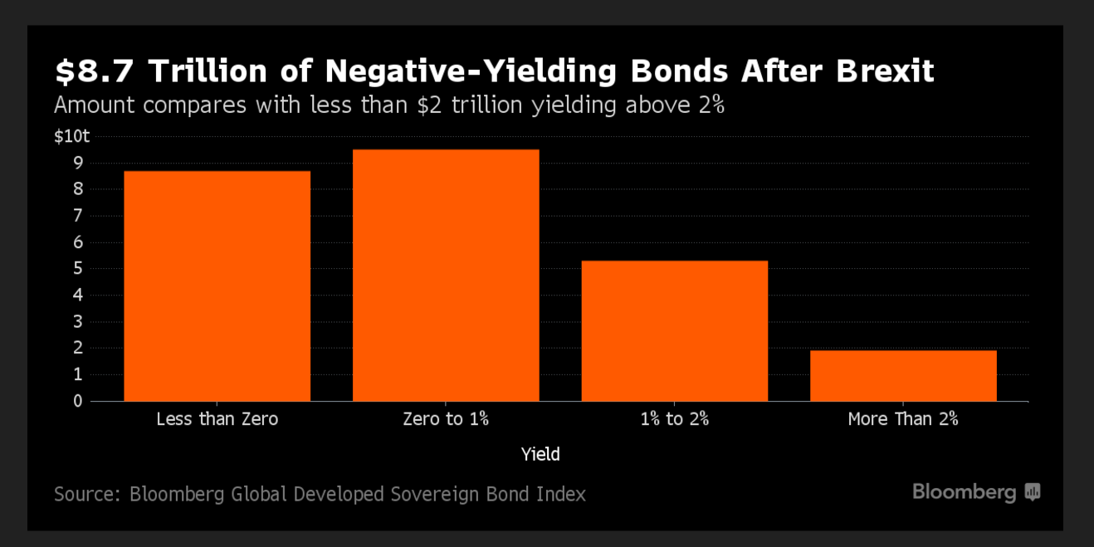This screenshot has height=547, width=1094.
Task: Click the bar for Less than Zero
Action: [x=217, y=286]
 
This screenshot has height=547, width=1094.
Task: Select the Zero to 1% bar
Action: [x=446, y=276]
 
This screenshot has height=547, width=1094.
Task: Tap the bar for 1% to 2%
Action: [x=674, y=331]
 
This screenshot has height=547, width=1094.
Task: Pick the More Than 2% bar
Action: [x=903, y=376]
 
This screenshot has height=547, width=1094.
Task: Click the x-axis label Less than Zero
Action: [x=217, y=419]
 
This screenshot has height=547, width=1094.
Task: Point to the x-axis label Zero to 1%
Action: [x=446, y=419]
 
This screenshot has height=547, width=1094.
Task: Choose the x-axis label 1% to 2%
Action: [x=674, y=419]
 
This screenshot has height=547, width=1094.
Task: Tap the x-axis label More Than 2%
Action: [x=903, y=419]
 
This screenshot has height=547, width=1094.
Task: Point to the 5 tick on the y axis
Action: [x=78, y=269]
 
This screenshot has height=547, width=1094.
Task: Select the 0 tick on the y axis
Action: [x=78, y=401]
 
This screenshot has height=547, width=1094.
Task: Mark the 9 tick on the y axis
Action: [x=78, y=164]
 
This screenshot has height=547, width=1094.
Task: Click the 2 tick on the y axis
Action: [x=78, y=349]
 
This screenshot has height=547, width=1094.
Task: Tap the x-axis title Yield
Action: [x=540, y=455]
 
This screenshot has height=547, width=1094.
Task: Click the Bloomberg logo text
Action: [x=964, y=492]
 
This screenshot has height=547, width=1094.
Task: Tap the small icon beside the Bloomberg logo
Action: [x=1033, y=492]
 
